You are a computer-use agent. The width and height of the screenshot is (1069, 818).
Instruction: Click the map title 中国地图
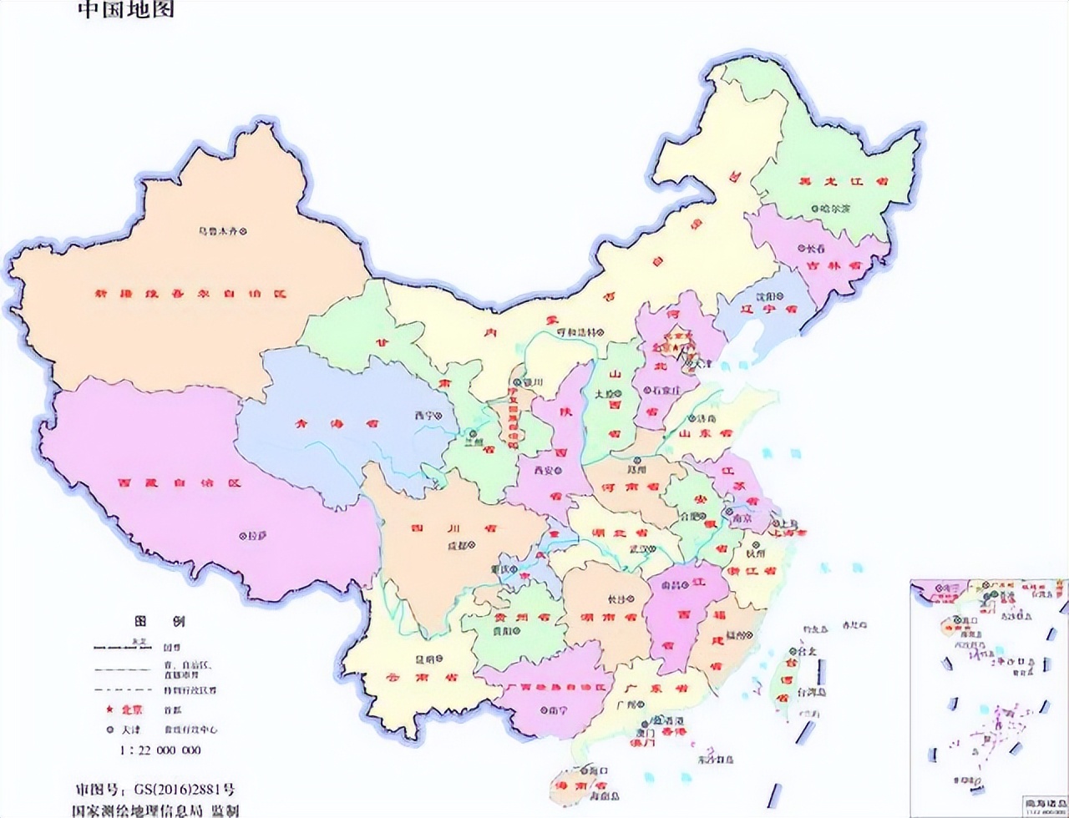(x=126, y=10)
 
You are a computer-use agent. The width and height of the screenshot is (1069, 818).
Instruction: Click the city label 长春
(x=814, y=248)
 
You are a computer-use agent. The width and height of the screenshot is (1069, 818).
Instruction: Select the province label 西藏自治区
(x=179, y=483)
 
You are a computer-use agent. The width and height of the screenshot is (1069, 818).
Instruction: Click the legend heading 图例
(x=159, y=622)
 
